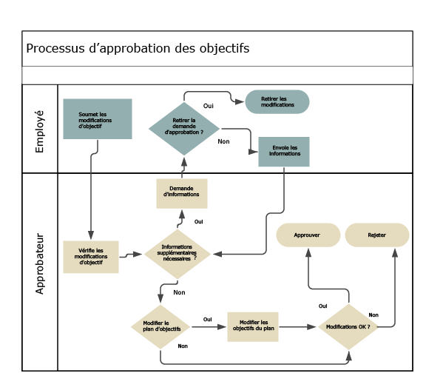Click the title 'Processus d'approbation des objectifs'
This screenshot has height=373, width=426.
[138, 49]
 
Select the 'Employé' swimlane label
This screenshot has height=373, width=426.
[40, 131]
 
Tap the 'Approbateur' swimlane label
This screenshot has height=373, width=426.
[40, 264]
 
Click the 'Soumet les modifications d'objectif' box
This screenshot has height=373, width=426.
[97, 119]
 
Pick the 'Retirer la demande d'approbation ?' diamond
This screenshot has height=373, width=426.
[183, 128]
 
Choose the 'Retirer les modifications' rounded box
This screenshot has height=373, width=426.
[277, 102]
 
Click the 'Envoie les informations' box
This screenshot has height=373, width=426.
[284, 151]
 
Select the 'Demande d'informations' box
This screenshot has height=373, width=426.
[181, 192]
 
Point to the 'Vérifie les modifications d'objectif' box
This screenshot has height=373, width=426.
[91, 256]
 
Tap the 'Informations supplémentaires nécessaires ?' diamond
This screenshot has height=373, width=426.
[178, 254]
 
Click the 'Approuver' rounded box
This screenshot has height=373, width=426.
[306, 235]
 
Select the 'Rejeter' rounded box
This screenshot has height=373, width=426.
[376, 235]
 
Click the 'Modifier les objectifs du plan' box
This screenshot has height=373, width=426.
[253, 326]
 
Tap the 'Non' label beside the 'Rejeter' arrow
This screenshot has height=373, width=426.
[373, 315]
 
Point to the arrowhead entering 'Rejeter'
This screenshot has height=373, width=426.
[394, 252]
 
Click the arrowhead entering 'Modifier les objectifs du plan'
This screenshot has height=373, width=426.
[223, 326]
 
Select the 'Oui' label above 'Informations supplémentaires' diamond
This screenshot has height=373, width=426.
[198, 221]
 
